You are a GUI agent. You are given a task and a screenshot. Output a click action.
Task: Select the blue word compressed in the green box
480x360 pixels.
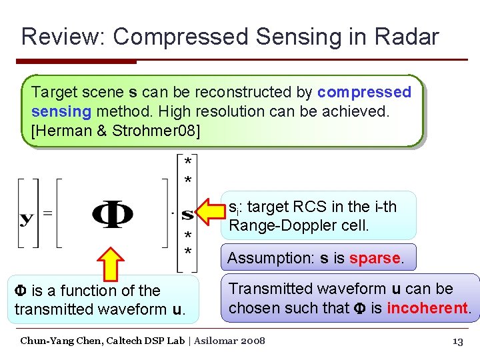pyautogui.click(x=365, y=92)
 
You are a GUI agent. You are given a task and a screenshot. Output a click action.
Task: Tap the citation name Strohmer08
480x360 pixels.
pyautogui.click(x=157, y=131)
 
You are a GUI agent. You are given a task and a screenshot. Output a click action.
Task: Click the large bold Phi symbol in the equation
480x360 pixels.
pyautogui.click(x=112, y=215)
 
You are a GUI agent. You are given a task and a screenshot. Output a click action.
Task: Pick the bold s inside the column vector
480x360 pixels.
pyautogui.click(x=188, y=215)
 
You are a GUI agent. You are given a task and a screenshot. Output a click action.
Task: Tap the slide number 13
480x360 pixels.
pyautogui.click(x=457, y=342)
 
